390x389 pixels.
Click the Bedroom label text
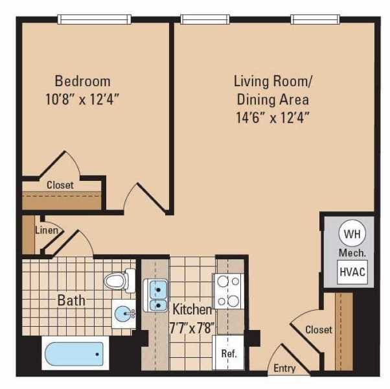coord(82,81)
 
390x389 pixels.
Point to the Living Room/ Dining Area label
coord(272,91)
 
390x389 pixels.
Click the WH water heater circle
coord(350,233)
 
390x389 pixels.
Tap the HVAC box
coord(352,272)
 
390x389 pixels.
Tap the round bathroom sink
coord(122,314)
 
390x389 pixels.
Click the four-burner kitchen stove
coord(228,291)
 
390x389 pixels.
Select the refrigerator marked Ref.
coord(228,354)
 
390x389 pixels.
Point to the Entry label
coord(284,368)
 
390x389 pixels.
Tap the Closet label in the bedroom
coord(60,185)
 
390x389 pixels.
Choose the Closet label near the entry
coord(318,329)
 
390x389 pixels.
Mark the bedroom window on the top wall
coord(95,19)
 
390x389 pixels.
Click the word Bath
coord(71,300)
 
